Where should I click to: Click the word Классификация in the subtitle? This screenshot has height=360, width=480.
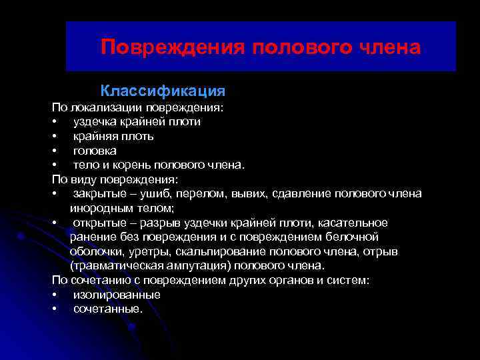(163, 89)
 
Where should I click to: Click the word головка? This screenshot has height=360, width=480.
(95, 151)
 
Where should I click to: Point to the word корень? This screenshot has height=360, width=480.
(129, 165)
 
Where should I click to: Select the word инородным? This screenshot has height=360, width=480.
(97, 208)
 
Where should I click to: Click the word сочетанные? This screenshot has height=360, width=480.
(108, 309)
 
